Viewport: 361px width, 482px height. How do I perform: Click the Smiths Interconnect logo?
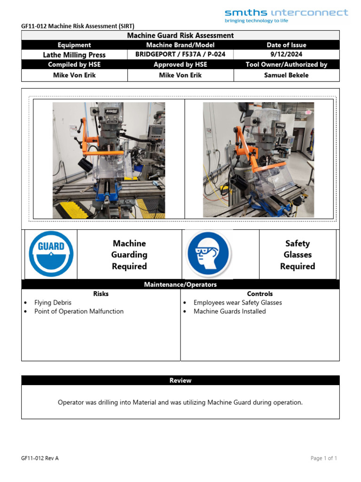click(x=286, y=15)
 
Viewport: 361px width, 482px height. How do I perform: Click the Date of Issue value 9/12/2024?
click(x=286, y=54)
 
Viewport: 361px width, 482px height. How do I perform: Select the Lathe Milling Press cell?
click(x=74, y=55)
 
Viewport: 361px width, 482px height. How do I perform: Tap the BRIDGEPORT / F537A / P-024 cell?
click(x=180, y=54)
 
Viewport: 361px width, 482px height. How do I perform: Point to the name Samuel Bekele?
click(x=286, y=75)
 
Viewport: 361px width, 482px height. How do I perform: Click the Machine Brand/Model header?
click(x=180, y=45)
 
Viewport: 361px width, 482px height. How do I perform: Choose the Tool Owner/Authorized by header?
click(x=286, y=64)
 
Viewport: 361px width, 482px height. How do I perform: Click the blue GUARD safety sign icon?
click(x=51, y=254)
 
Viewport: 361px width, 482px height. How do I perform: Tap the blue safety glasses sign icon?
click(x=208, y=254)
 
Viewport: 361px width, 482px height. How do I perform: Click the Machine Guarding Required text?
click(x=129, y=255)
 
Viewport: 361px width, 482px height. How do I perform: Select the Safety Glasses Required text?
click(x=297, y=255)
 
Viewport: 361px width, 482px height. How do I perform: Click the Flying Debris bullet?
click(x=53, y=303)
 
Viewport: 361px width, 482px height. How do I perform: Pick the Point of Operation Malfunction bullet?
click(x=78, y=311)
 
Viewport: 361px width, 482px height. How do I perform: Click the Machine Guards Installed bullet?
click(x=229, y=311)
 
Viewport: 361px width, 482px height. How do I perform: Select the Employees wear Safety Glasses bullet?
click(x=237, y=303)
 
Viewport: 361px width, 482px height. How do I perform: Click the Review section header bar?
click(x=180, y=380)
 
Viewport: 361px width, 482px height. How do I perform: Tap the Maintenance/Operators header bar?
click(x=180, y=284)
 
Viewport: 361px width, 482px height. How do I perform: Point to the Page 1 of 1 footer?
click(x=324, y=458)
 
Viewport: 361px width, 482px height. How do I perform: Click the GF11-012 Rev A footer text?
click(x=40, y=458)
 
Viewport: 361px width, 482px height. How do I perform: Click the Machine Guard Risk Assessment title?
click(x=180, y=35)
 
